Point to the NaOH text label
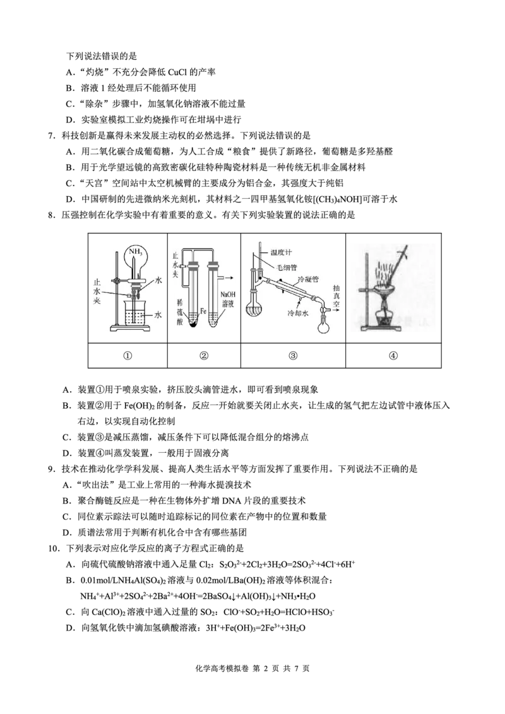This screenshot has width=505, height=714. click(x=227, y=295)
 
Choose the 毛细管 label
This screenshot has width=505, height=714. click(x=285, y=267)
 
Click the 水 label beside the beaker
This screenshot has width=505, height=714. click(x=158, y=313)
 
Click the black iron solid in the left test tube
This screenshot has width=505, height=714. click(x=194, y=323)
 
